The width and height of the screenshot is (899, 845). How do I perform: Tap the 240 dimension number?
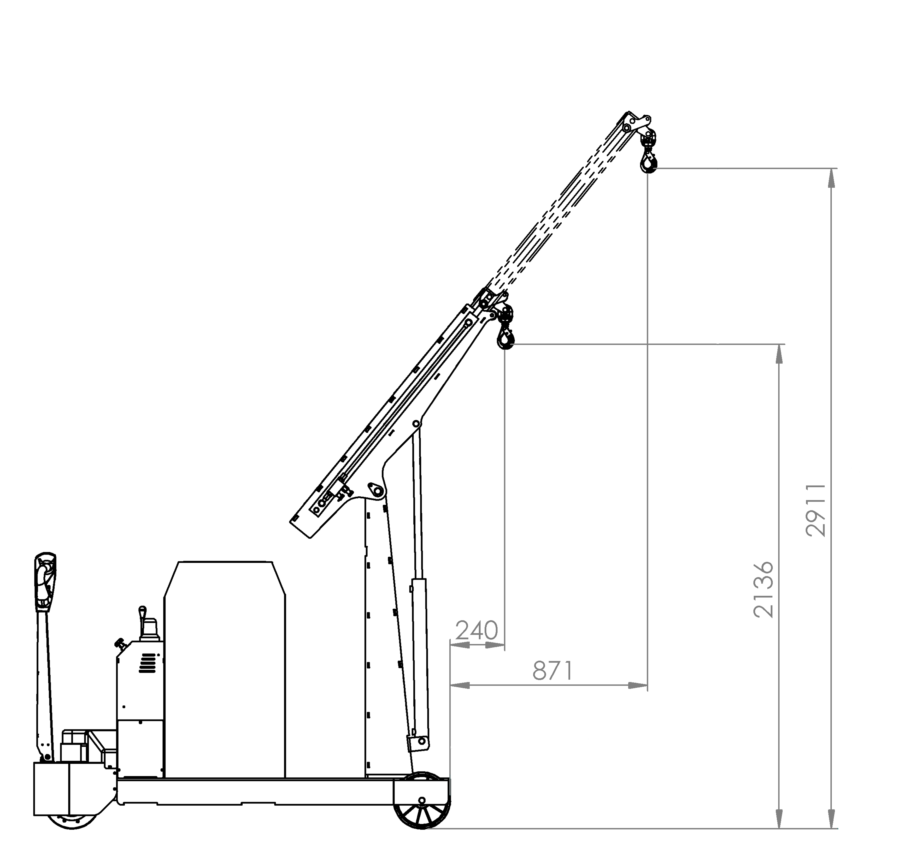(477, 630)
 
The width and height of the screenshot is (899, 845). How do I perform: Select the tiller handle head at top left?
(45, 580)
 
